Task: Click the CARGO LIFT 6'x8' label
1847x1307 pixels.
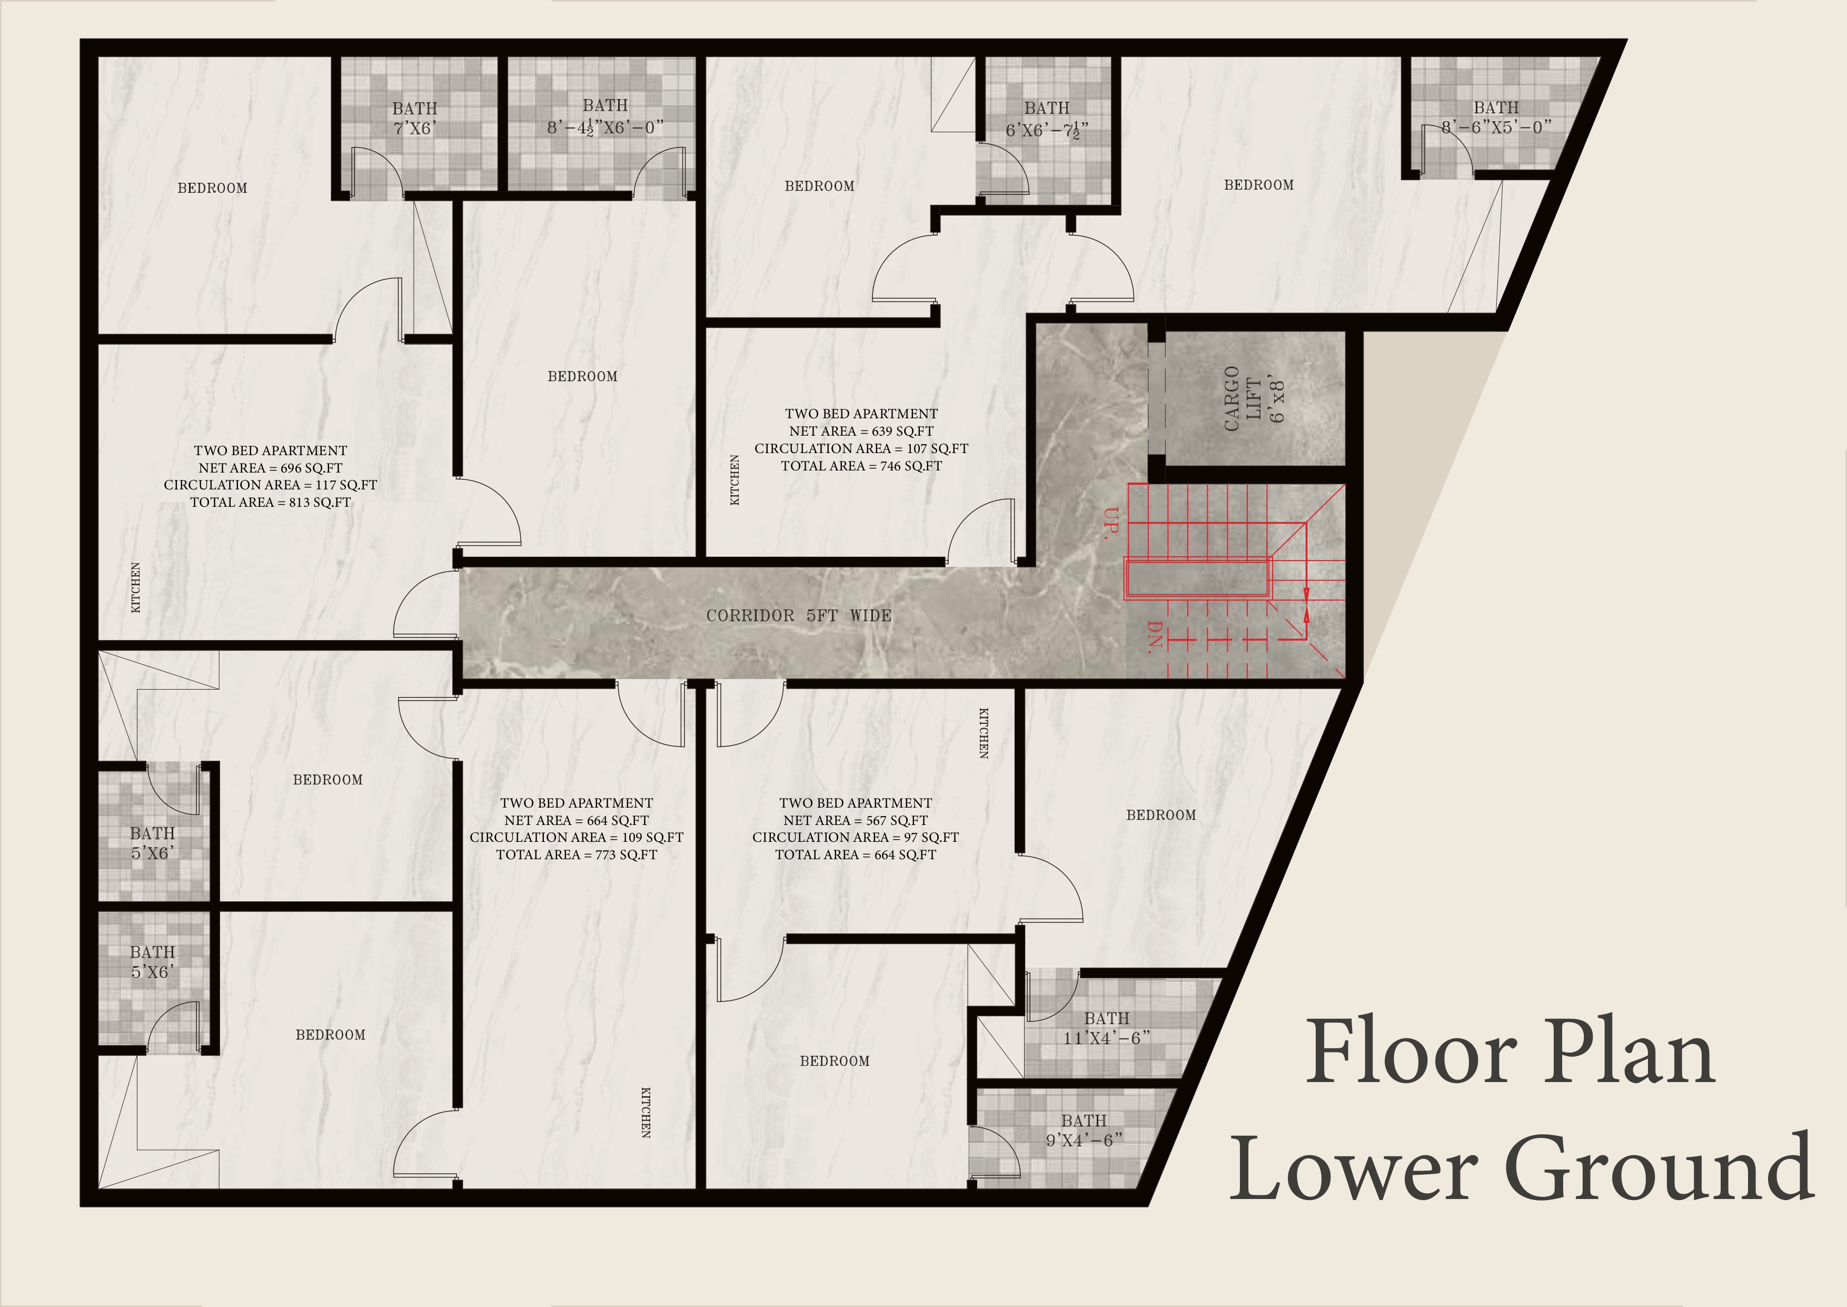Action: [1254, 398]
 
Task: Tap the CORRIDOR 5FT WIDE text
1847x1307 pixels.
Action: [799, 616]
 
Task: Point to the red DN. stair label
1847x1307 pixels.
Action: [1155, 636]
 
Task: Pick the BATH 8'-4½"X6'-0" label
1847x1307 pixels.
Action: [605, 117]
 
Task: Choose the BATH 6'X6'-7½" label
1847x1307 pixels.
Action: [1047, 119]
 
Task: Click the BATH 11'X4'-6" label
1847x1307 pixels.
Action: [1107, 1028]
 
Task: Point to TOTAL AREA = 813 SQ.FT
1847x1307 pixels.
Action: [270, 502]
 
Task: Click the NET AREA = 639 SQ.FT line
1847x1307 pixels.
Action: [861, 431]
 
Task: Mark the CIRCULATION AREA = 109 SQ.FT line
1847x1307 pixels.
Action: [576, 837]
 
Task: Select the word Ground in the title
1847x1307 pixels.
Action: [1659, 1166]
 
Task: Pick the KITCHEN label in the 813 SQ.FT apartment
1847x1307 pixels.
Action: [135, 587]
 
